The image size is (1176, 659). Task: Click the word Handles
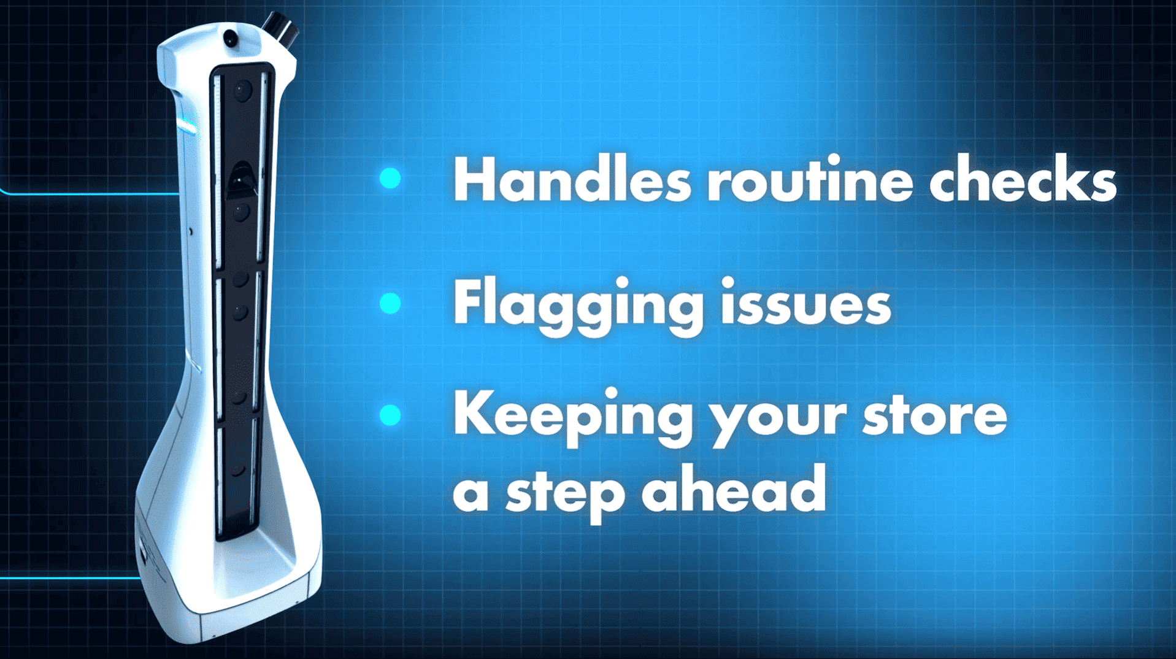572,179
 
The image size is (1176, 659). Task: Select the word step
565,495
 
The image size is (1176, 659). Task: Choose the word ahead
734,487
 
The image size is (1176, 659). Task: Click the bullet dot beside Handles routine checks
390,179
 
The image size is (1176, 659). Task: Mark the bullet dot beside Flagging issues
390,303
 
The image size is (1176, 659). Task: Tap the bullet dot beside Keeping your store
390,415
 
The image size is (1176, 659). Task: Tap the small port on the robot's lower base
143,552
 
